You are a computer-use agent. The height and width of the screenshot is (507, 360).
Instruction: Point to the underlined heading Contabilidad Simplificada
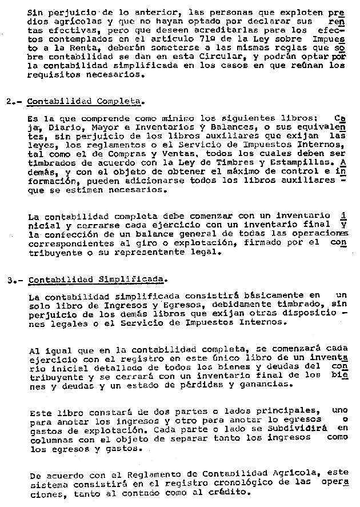[97, 280]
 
